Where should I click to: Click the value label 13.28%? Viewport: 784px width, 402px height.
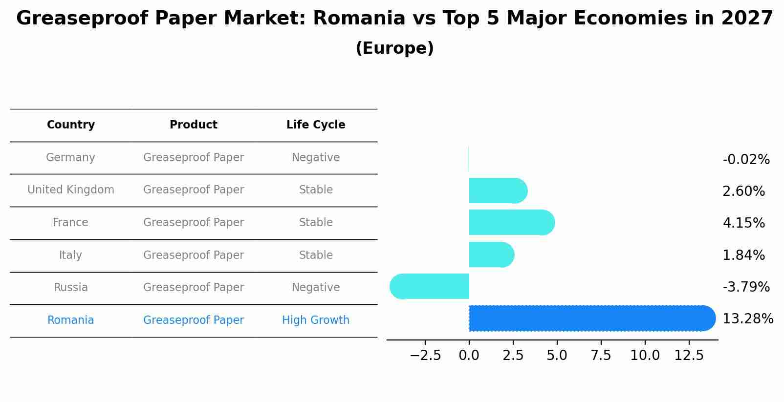coord(747,319)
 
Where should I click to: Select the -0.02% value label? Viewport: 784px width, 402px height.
coord(746,160)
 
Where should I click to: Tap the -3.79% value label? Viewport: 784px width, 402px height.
coord(746,287)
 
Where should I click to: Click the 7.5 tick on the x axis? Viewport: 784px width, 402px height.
coord(601,356)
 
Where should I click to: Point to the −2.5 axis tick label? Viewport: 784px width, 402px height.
coord(425,356)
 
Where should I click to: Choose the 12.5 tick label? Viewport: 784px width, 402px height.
coord(689,356)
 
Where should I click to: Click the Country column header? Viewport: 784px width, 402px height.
coord(71,125)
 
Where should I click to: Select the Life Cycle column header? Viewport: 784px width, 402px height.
coord(316,125)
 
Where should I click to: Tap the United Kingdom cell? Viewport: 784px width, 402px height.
coord(71,190)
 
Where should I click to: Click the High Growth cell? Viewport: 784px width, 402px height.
coord(316,320)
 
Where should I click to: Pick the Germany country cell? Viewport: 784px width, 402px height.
coord(70,158)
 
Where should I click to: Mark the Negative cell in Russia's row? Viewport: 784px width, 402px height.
coord(316,288)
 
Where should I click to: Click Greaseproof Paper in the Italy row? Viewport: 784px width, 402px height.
coord(194,255)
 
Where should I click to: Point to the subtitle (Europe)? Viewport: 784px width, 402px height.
coord(394,48)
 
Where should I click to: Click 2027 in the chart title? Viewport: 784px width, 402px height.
coord(747,19)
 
